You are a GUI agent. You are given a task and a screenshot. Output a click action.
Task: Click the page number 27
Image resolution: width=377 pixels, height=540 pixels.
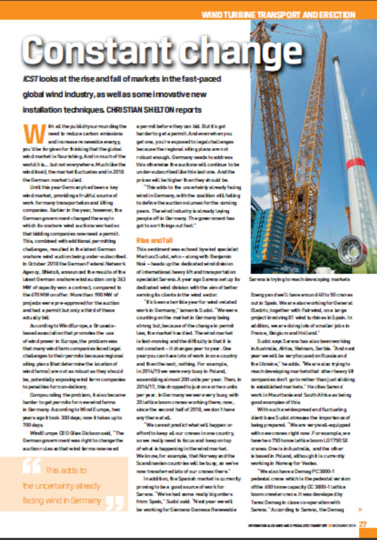pyautogui.click(x=363, y=524)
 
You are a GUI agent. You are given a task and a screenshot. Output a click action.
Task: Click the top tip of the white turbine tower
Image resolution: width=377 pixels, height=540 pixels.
pyautogui.click(x=335, y=59)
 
